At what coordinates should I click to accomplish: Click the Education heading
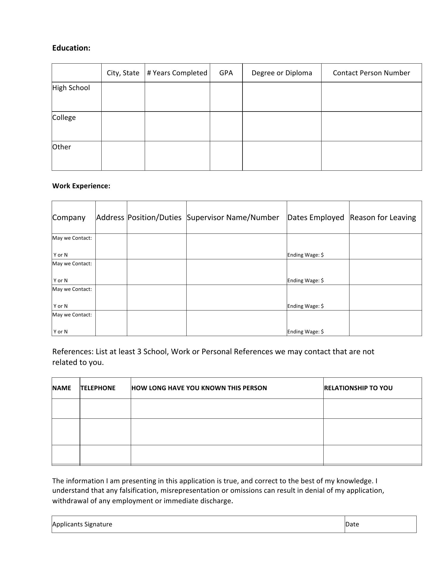coord(71,48)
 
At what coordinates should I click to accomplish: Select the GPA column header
coord(226,73)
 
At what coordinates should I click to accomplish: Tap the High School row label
coord(71,88)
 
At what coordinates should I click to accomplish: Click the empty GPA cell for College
coord(226,126)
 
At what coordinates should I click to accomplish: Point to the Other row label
coord(62,147)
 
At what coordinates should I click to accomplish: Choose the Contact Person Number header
coord(371,73)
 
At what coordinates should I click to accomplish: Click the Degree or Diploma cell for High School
coord(282,97)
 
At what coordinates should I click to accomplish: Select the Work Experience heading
coord(81,186)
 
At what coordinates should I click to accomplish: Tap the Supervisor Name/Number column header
coord(233,217)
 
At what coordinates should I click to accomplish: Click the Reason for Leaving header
coord(383,217)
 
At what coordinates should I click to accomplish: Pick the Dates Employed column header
coord(316,217)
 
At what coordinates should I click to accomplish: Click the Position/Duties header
coord(155,217)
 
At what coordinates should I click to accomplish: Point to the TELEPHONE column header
coord(98,388)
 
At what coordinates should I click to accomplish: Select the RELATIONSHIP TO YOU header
coord(358,388)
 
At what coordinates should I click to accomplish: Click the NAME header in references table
coord(62,388)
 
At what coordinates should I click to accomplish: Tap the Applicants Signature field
coord(198,524)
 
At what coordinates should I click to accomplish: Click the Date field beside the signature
coord(380,524)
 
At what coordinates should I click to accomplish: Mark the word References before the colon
coord(73,352)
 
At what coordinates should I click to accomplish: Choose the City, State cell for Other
coord(123,156)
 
